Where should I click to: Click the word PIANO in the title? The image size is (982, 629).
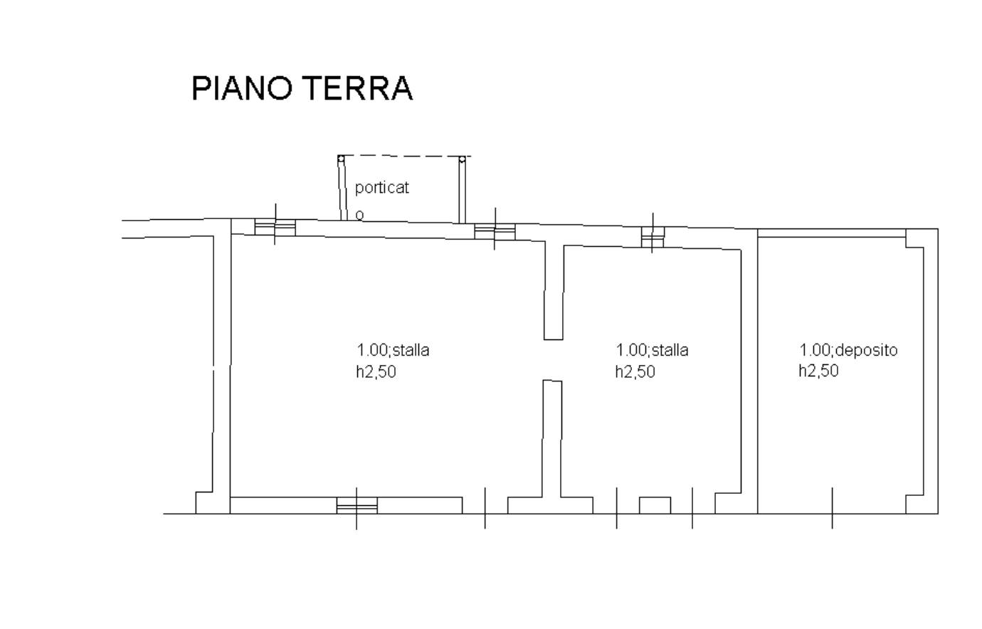(x=242, y=88)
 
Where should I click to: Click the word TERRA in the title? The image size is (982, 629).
(x=358, y=88)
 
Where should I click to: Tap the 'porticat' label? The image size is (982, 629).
(x=381, y=188)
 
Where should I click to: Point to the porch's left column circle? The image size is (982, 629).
(x=341, y=158)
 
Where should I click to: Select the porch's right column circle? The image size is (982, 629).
(x=462, y=159)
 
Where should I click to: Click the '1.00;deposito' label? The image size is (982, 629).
(x=848, y=350)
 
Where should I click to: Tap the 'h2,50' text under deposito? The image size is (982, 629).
(x=818, y=371)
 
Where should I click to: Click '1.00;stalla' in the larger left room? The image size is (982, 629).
(x=393, y=350)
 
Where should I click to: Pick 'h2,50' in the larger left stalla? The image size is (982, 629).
(x=376, y=371)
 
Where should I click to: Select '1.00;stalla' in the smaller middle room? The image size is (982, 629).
(x=652, y=350)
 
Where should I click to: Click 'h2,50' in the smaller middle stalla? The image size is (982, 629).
(x=635, y=371)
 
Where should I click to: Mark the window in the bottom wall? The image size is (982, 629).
(x=357, y=505)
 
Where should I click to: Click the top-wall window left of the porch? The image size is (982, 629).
(x=275, y=228)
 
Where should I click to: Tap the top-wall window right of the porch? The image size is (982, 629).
(x=495, y=231)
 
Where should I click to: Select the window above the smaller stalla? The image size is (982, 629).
(x=653, y=237)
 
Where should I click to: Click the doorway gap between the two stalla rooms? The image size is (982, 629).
(x=553, y=360)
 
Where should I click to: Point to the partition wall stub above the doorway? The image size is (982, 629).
(x=554, y=291)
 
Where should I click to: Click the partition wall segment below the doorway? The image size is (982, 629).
(x=552, y=438)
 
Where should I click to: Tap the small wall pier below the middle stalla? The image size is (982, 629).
(x=655, y=505)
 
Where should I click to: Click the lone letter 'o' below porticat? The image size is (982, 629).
(x=359, y=215)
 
